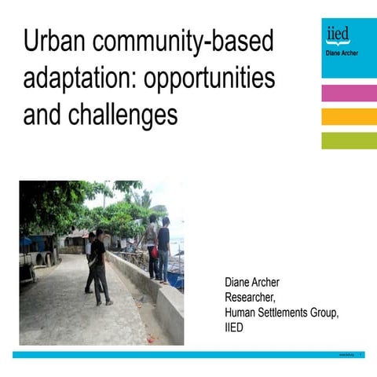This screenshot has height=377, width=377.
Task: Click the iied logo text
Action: pos(338,35)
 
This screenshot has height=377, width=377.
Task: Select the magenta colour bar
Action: pos(349,93)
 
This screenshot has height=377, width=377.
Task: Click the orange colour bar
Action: pos(349,116)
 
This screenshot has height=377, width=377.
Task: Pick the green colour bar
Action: pos(349,141)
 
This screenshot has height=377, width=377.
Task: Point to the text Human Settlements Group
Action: pos(281,313)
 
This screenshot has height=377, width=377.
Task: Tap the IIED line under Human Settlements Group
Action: pos(234,327)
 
